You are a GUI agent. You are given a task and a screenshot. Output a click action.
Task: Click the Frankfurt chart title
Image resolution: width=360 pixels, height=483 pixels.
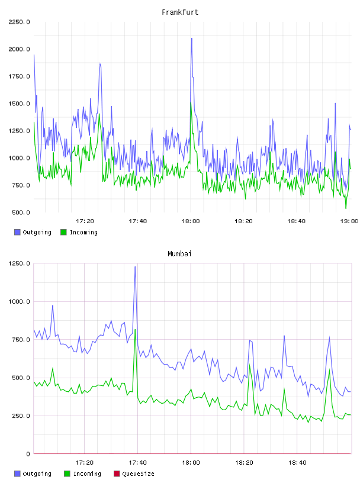(x=180, y=12)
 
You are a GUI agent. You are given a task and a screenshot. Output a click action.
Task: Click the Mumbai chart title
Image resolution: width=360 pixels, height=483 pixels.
(x=179, y=253)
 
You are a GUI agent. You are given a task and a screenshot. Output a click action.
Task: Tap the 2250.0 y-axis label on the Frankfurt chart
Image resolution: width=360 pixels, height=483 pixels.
(x=19, y=22)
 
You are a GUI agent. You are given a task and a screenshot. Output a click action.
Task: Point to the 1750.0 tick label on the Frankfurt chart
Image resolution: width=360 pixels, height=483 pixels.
(x=19, y=76)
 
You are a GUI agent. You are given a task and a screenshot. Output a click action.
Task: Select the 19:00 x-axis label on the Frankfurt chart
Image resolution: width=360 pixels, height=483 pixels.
(x=349, y=221)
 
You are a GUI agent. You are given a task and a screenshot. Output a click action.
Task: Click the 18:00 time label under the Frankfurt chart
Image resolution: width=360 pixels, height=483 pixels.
(x=191, y=221)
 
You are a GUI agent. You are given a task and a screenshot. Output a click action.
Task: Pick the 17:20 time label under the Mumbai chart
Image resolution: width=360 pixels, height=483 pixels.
(x=84, y=462)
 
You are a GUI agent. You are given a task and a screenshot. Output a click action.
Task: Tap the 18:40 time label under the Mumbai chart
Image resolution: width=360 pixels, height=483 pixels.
(x=297, y=462)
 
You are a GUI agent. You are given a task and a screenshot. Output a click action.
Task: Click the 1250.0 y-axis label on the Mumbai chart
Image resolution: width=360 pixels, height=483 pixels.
(x=19, y=263)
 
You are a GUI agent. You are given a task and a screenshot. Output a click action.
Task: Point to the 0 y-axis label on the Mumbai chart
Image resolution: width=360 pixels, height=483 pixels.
(x=28, y=454)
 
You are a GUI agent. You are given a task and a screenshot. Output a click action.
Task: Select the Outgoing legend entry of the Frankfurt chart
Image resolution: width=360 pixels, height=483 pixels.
(x=33, y=232)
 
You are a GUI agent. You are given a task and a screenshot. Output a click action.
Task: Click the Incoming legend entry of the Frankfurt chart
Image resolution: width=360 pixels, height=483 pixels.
(x=79, y=232)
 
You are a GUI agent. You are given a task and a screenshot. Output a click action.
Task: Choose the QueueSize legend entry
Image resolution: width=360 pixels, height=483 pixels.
(x=134, y=474)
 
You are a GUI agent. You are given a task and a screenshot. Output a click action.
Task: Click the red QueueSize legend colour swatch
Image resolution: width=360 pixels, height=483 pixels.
(x=117, y=474)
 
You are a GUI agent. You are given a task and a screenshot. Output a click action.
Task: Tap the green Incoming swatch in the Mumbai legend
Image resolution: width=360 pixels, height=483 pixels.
(x=67, y=474)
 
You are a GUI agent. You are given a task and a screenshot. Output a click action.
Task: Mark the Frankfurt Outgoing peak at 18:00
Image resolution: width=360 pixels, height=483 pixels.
(x=192, y=38)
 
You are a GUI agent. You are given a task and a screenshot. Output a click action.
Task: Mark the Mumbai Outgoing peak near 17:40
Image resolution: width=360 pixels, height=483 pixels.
(x=135, y=267)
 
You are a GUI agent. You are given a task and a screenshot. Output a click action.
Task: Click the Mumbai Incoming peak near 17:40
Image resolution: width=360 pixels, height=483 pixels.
(x=135, y=330)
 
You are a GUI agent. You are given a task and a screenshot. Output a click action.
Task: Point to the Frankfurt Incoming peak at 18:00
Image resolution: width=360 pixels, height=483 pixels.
(x=191, y=103)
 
